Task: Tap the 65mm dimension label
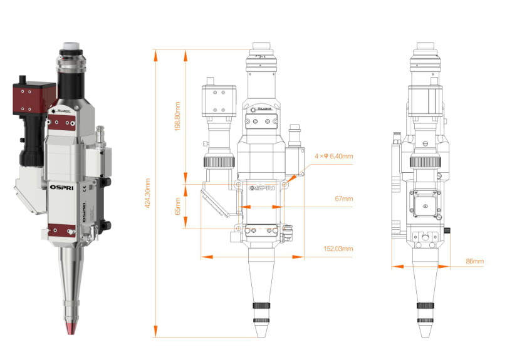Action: pos(178,206)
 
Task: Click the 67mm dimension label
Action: pos(344,198)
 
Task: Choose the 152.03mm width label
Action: pos(339,249)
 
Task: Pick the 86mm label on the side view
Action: pos(475,260)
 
